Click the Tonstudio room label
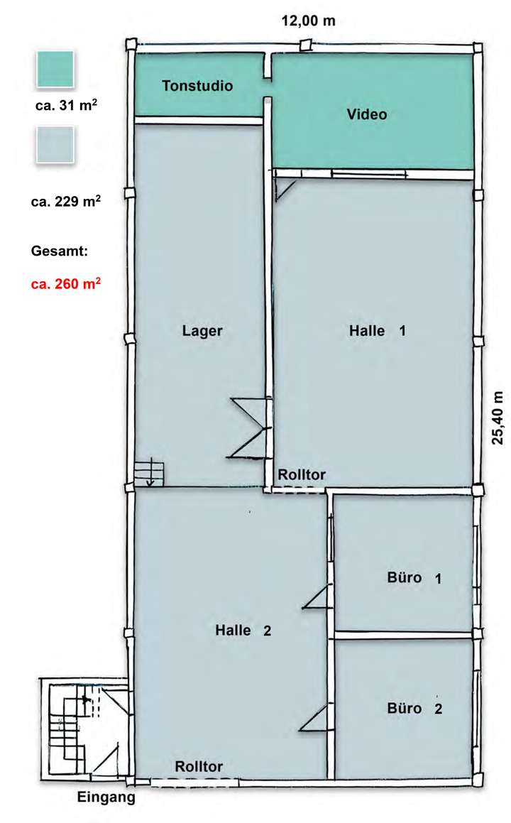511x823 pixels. [197, 87]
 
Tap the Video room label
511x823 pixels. [367, 114]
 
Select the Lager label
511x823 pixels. [202, 331]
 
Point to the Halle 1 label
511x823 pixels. [378, 331]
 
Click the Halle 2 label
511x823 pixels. [243, 630]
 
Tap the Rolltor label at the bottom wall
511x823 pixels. [199, 766]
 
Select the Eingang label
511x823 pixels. [106, 798]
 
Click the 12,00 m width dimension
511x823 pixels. [308, 21]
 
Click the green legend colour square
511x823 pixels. [55, 70]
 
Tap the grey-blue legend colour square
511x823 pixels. [55, 146]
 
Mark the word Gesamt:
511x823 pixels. [57, 251]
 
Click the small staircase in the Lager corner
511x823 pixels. [148, 473]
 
